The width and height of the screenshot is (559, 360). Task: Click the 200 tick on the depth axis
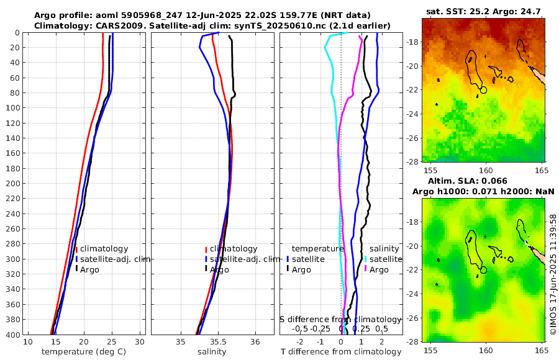coord(12,184)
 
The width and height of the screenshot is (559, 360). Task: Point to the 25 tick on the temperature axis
coord(112,342)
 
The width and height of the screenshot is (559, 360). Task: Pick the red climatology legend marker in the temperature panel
coord(76,249)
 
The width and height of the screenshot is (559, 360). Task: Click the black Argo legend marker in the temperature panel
coord(76,269)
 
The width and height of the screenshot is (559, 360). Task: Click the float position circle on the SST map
coord(484,90)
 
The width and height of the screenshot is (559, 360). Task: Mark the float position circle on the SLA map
coord(484,269)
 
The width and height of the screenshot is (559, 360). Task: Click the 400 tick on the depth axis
coord(12,335)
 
